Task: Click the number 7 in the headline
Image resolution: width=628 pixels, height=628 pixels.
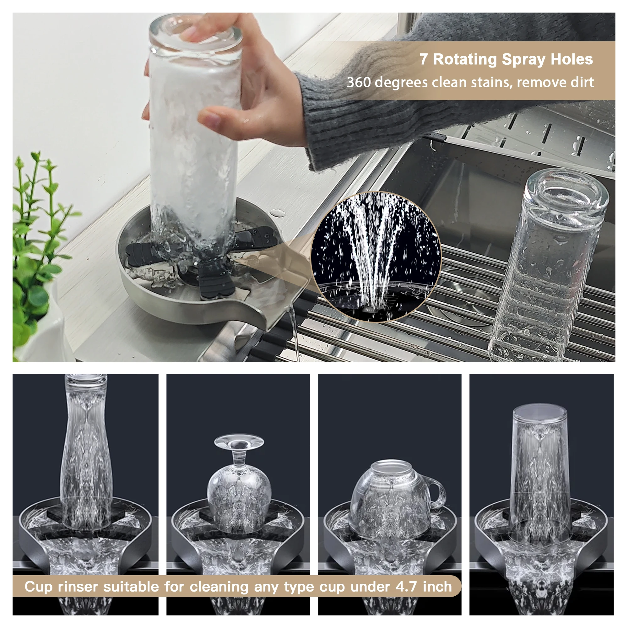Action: pyautogui.click(x=424, y=59)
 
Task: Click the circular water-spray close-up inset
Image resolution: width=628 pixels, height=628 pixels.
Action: pyautogui.click(x=376, y=257)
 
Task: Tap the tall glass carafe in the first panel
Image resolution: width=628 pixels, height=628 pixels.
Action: pyautogui.click(x=86, y=455)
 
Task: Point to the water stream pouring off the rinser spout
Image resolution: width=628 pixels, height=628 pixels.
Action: pyautogui.click(x=294, y=335)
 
